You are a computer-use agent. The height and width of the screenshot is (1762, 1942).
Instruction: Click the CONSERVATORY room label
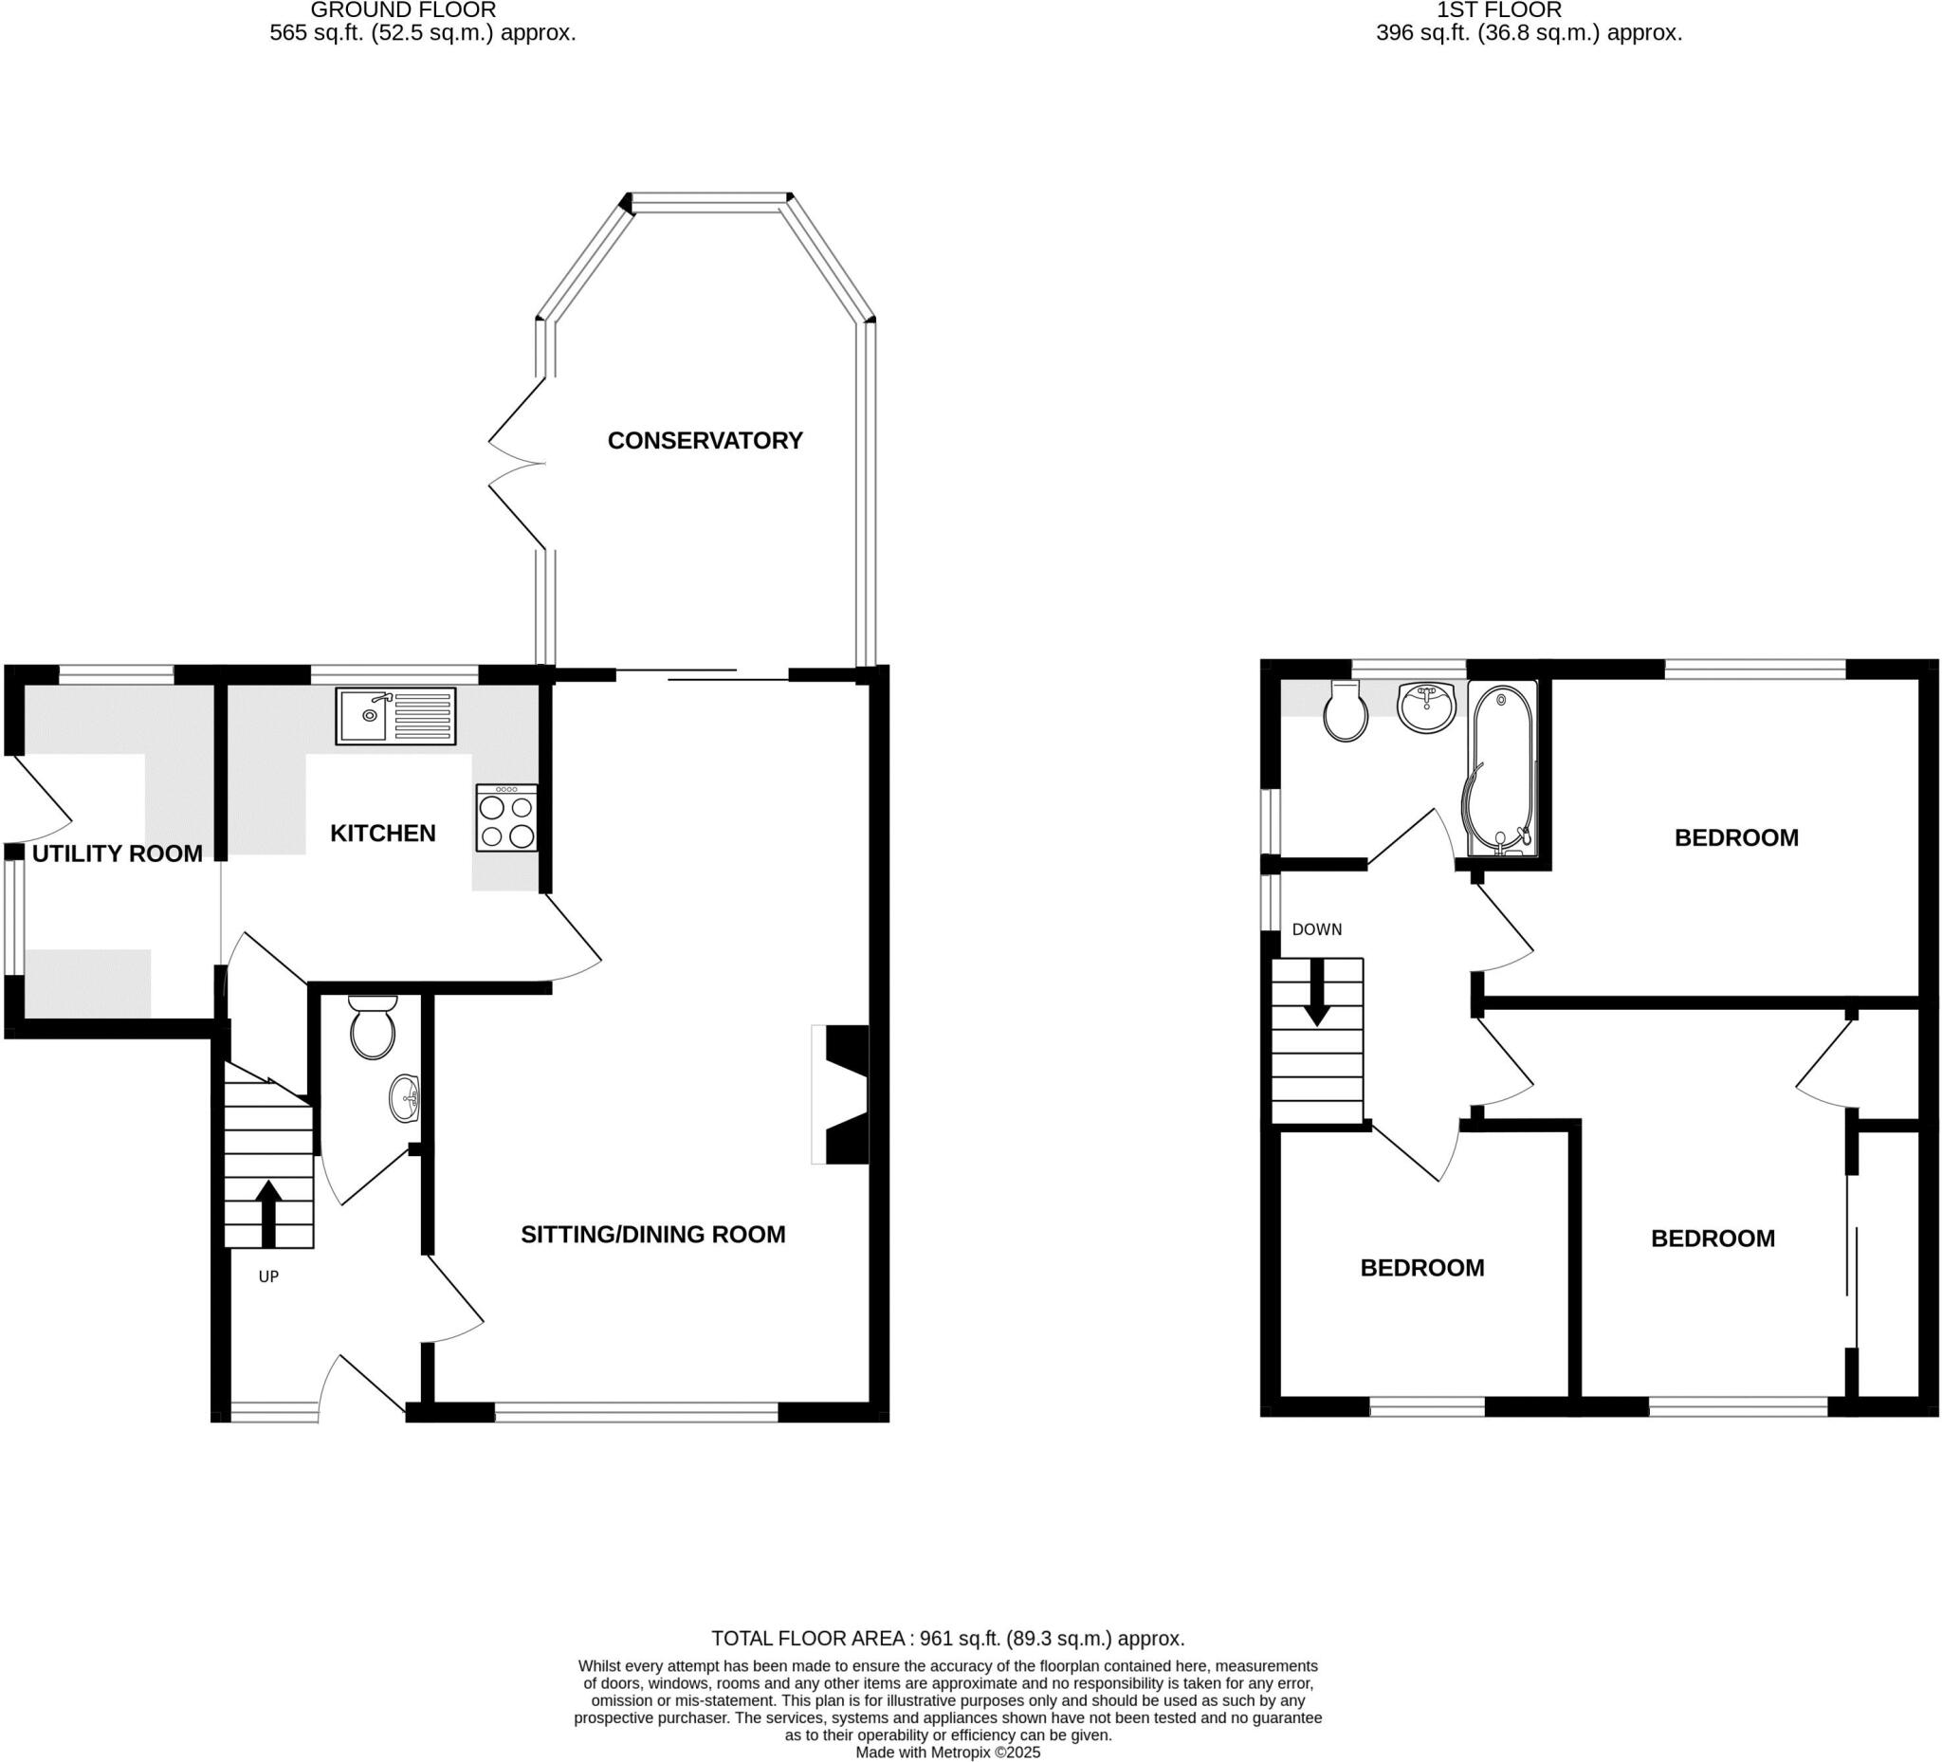(x=705, y=440)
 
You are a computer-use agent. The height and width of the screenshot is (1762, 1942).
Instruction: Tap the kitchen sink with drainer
(x=395, y=716)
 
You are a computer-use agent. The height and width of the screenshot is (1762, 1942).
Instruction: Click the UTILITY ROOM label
(x=118, y=853)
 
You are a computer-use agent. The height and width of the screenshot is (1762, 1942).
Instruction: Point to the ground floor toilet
(x=373, y=1029)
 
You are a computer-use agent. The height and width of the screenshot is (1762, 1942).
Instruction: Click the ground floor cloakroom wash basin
(x=405, y=1099)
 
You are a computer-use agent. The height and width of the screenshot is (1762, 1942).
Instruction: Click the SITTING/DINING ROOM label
(x=653, y=1235)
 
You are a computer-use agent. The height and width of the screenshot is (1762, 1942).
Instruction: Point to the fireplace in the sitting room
(x=843, y=1095)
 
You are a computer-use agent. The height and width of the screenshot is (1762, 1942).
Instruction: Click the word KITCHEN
(x=382, y=834)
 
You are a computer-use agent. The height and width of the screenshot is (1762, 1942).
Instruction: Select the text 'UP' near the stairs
(x=267, y=1276)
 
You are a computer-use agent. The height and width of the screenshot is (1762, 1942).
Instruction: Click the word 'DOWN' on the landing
(x=1316, y=929)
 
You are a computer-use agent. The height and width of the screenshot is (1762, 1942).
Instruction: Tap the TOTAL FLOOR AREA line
(x=947, y=1638)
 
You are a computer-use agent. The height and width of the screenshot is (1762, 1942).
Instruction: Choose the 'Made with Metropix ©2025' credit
(x=948, y=1753)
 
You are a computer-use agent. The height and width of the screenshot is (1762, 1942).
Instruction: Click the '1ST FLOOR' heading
(x=1499, y=10)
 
